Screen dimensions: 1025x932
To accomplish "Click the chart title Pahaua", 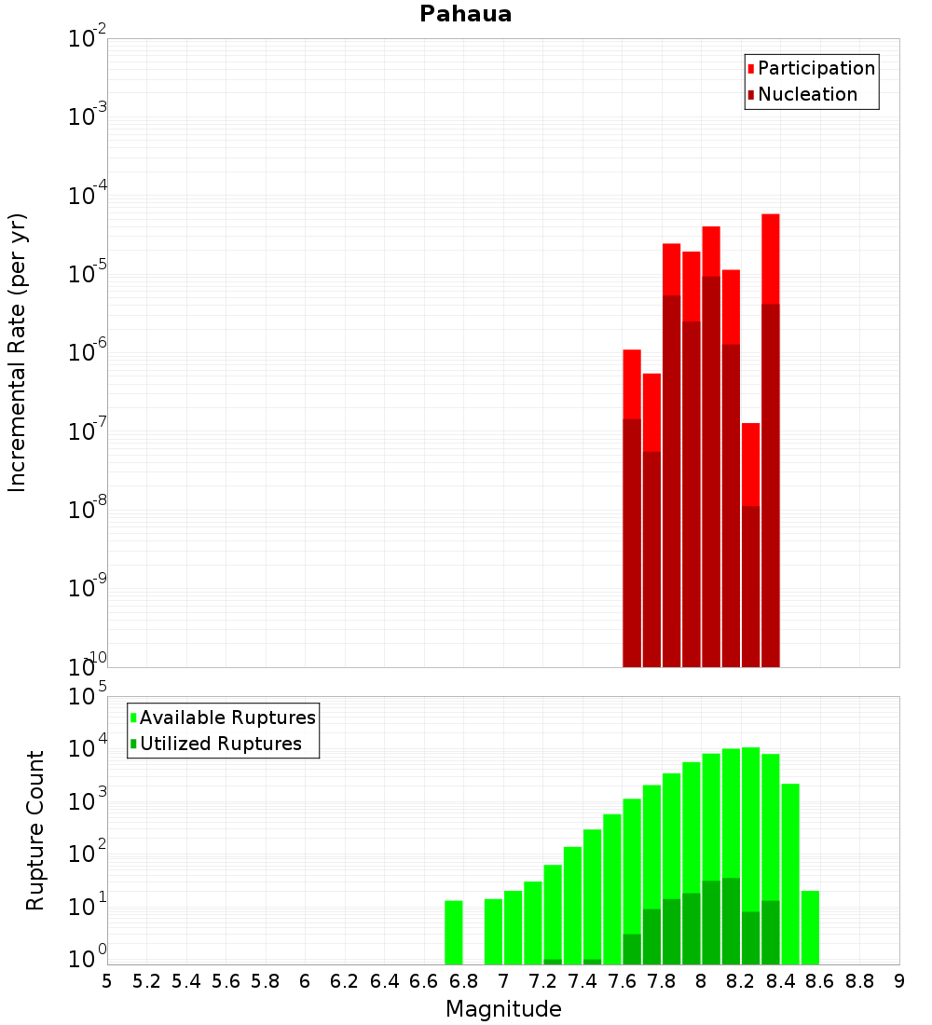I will coord(465,14).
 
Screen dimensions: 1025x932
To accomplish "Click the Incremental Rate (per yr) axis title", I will coord(18,352).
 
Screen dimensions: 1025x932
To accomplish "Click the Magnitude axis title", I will coord(503,1009).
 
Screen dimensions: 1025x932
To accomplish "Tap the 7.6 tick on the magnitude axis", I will coord(622,981).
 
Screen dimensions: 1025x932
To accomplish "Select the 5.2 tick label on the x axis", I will coord(146,981).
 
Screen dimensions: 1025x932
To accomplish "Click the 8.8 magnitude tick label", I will coord(859,981).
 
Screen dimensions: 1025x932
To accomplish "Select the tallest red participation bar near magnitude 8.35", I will coord(770,261).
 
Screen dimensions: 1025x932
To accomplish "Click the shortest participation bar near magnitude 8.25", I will coord(750,466).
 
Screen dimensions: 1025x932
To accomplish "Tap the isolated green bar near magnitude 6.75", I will coord(454,932).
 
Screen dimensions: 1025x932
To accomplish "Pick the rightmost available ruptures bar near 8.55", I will coord(810,927).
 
